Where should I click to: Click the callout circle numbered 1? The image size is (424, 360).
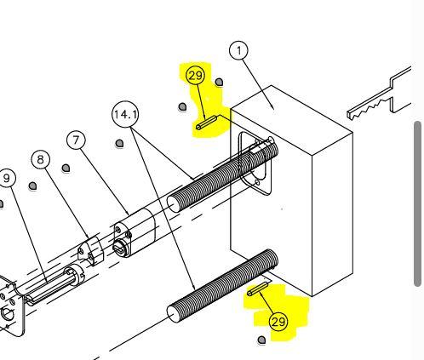(239, 50)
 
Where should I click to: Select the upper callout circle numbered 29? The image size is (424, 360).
(196, 76)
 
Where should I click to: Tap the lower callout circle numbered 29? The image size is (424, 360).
(278, 321)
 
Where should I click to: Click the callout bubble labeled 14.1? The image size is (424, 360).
(125, 114)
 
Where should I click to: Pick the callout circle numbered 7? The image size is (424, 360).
(77, 140)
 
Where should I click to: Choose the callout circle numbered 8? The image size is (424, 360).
(41, 159)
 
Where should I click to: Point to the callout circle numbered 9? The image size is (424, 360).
(7, 178)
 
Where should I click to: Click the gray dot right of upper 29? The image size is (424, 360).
(220, 82)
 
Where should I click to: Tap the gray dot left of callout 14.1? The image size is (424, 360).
(182, 106)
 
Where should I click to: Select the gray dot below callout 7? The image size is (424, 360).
(119, 143)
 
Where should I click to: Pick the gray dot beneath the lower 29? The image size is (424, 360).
(262, 340)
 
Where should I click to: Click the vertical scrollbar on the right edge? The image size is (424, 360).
(418, 204)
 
